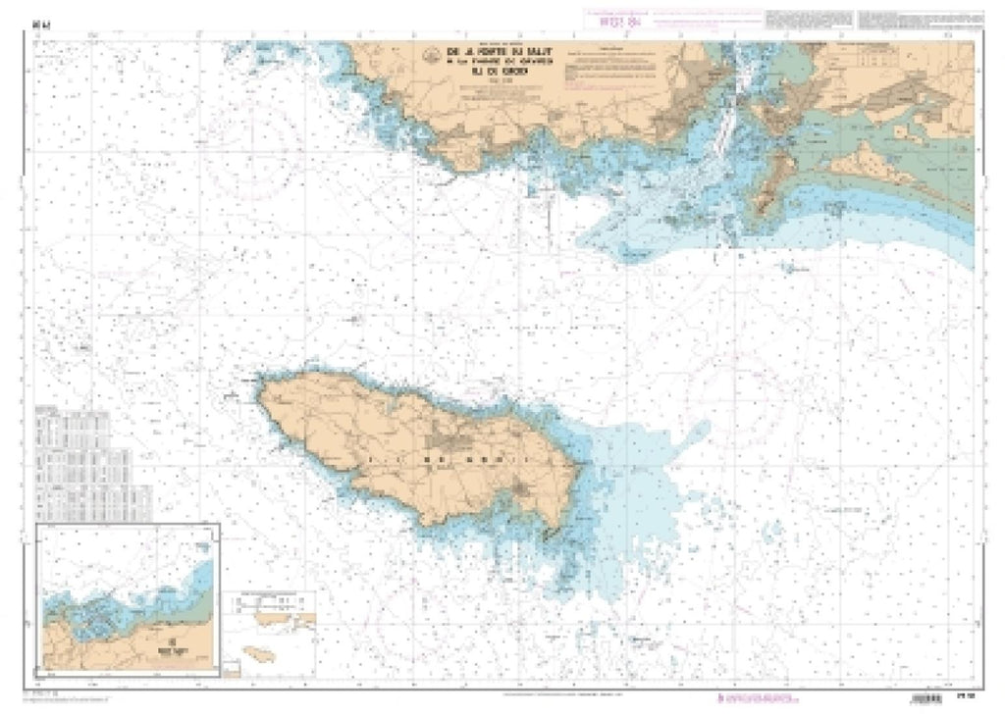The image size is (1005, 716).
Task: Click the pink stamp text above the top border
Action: (x=603, y=17)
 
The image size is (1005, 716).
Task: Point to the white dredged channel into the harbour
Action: (x=726, y=128)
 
